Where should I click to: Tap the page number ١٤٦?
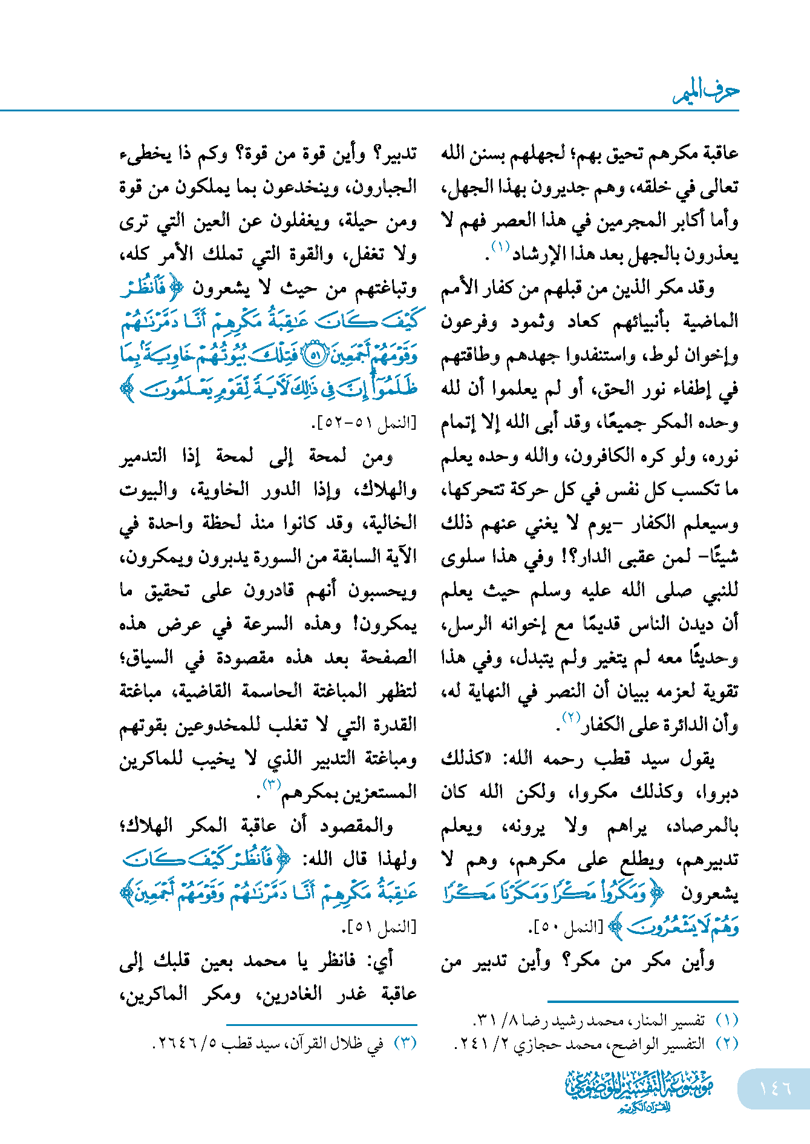click(x=775, y=1088)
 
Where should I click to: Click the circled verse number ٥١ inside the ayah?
click(x=314, y=355)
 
